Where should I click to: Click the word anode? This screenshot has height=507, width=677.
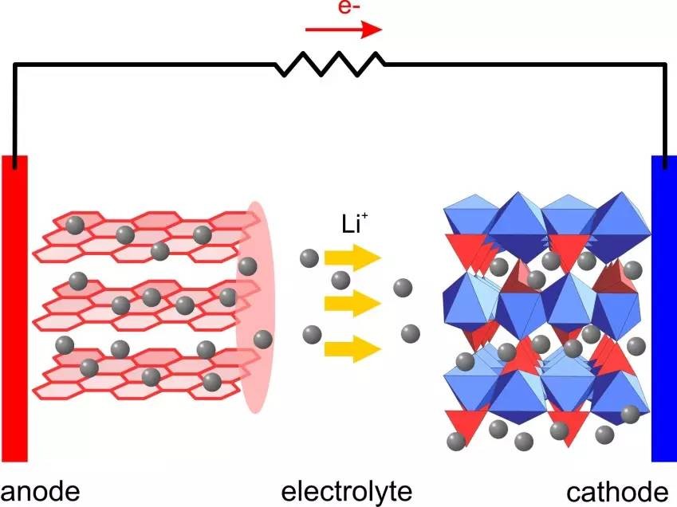click(x=41, y=489)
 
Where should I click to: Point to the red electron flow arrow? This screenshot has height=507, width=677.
click(x=344, y=30)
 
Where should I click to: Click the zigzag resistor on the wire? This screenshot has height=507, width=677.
click(x=330, y=64)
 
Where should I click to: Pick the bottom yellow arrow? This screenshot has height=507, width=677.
click(x=352, y=348)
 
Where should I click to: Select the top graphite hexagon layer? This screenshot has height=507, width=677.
click(x=136, y=238)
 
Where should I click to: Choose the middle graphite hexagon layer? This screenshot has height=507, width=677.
click(x=136, y=303)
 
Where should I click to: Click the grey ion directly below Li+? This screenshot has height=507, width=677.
click(x=341, y=279)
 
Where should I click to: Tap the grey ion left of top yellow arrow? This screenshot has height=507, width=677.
click(x=309, y=257)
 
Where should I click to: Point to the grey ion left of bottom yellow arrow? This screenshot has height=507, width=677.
click(x=311, y=334)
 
